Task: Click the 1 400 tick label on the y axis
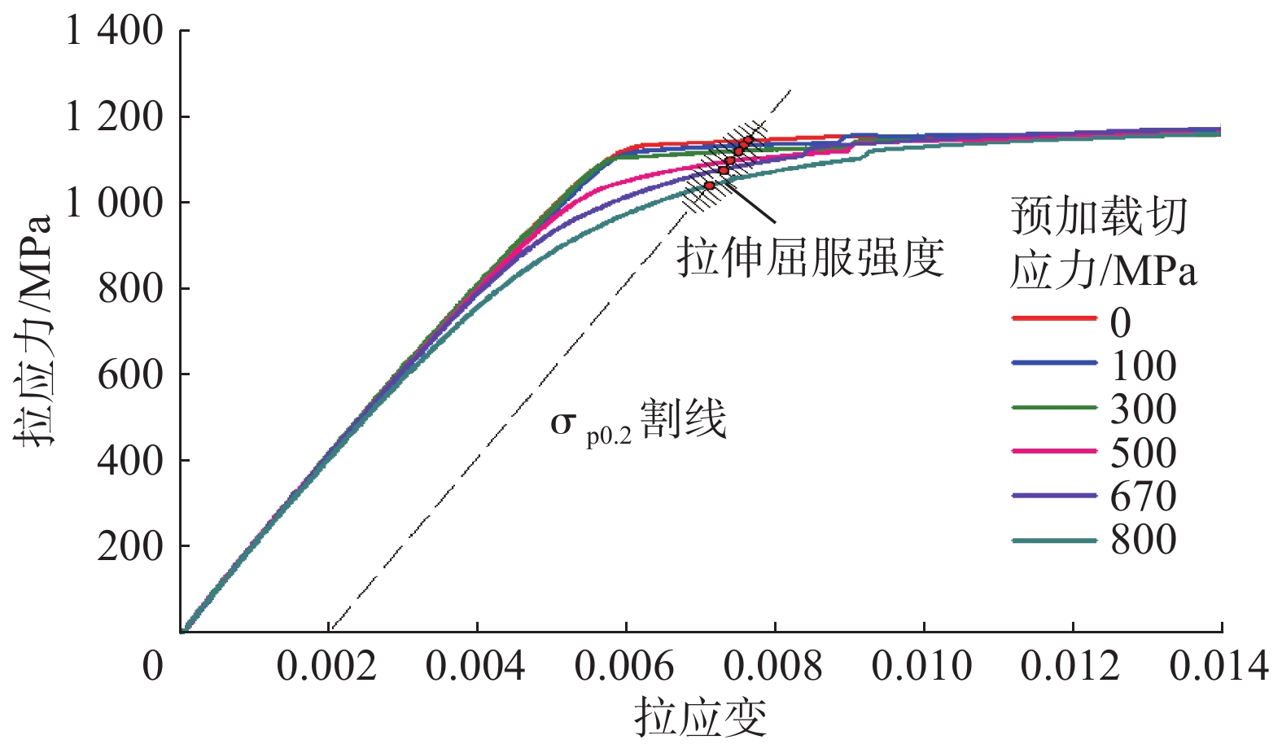pyautogui.click(x=114, y=32)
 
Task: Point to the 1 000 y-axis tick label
pyautogui.click(x=114, y=203)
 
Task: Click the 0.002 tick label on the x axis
pyautogui.click(x=326, y=667)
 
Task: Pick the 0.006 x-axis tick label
pyautogui.click(x=624, y=667)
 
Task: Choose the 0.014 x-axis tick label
pyautogui.click(x=1219, y=667)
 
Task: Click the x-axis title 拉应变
pyautogui.click(x=701, y=717)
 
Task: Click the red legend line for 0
pyautogui.click(x=1054, y=318)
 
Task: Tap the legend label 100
pyautogui.click(x=1143, y=366)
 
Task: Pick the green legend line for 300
pyautogui.click(x=1054, y=406)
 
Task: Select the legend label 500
pyautogui.click(x=1143, y=453)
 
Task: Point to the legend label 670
pyautogui.click(x=1143, y=497)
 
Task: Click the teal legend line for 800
pyautogui.click(x=1054, y=541)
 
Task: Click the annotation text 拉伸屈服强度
pyautogui.click(x=810, y=257)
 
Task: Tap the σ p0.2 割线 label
pyautogui.click(x=638, y=422)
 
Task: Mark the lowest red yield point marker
pyautogui.click(x=710, y=186)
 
